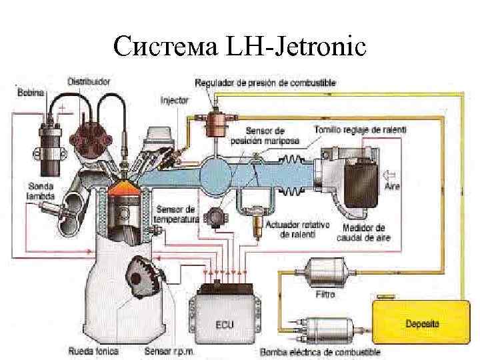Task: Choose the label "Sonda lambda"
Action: tap(41, 190)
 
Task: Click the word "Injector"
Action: tap(175, 101)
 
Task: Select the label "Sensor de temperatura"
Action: tap(175, 214)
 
